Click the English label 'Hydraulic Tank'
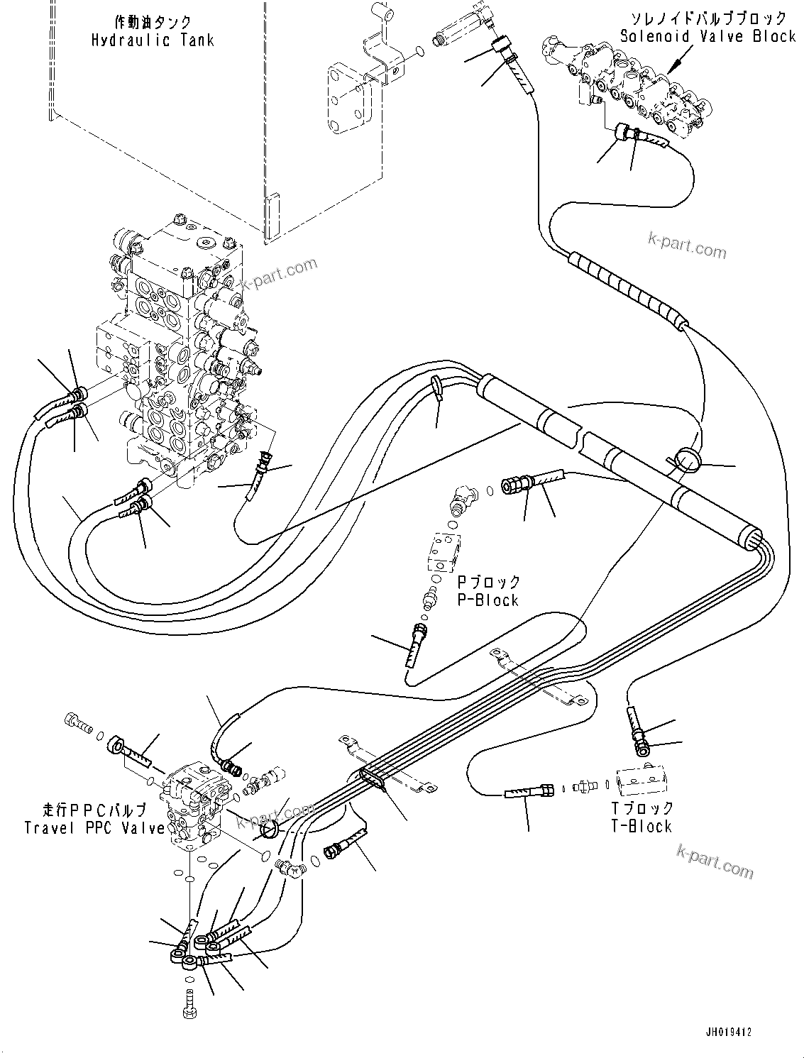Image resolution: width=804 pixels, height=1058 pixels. (153, 40)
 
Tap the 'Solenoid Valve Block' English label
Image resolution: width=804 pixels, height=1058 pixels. (707, 36)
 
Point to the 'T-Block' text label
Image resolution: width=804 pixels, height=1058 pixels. (641, 826)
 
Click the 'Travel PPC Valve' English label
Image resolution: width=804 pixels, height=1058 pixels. (94, 827)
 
